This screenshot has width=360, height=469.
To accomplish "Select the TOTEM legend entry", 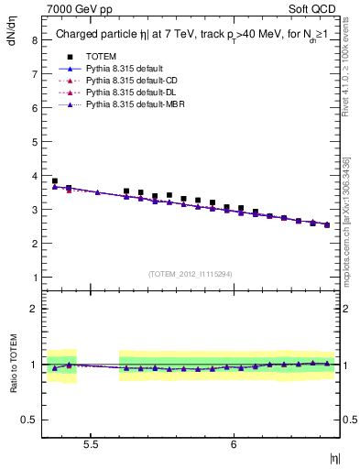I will click(102, 56).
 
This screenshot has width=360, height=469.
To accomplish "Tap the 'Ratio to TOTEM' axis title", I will click(13, 364).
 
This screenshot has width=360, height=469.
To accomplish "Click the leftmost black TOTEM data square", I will click(55, 181).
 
